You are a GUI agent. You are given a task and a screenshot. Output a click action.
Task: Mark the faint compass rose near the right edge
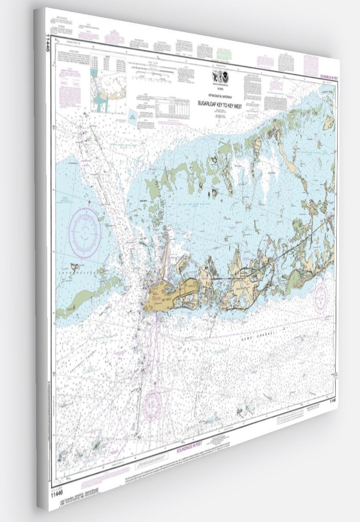[321, 295]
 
